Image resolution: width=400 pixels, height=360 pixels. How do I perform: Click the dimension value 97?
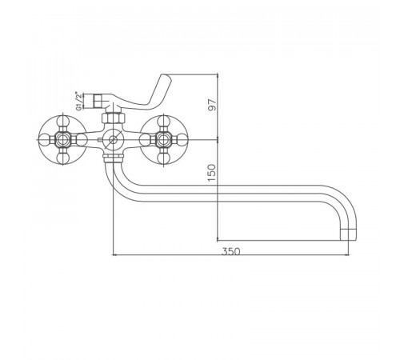coord(212,105)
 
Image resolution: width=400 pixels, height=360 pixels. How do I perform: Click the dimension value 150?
coord(212,173)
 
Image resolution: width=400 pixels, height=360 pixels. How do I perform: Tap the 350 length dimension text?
coord(230,251)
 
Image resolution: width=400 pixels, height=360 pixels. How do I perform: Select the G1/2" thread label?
coord(78,101)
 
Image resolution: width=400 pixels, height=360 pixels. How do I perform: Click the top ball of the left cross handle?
coord(63,120)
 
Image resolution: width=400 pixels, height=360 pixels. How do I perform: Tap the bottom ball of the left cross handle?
coord(63,158)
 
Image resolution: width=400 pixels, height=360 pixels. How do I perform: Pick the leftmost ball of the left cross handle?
coord(44,139)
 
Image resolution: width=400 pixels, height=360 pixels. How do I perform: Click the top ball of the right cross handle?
coord(163,120)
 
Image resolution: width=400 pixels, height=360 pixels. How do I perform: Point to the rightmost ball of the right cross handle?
coord(182,139)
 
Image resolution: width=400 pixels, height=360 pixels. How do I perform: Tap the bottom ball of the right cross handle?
coord(163,158)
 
